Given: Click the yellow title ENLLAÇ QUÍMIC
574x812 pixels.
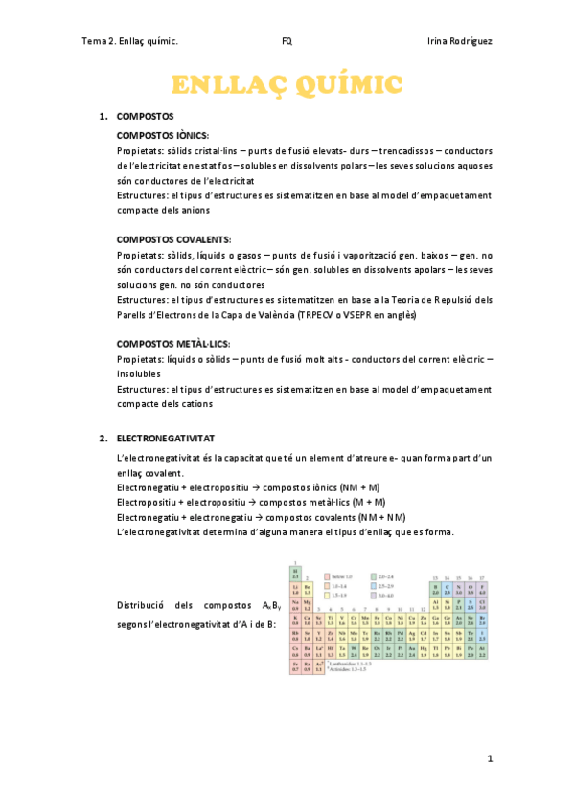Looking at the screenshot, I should (x=287, y=84).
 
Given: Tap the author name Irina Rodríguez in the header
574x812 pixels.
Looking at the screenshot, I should (x=459, y=41).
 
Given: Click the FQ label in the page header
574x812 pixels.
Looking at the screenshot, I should (x=287, y=41).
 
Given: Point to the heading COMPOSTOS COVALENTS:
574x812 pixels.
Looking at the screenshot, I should (x=173, y=238).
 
